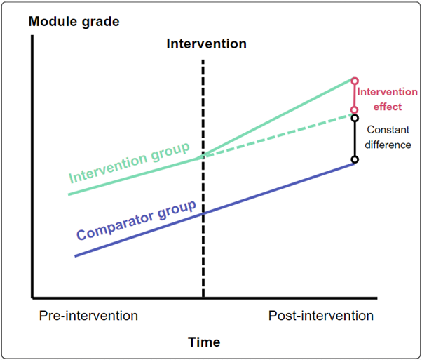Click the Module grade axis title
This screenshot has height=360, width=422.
[74, 21]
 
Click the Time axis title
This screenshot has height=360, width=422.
[204, 342]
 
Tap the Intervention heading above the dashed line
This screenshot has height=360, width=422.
[206, 44]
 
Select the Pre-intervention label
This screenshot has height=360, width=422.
[88, 316]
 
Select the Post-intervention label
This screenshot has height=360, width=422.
[321, 316]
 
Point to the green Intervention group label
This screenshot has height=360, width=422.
[130, 162]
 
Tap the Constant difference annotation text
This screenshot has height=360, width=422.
[389, 138]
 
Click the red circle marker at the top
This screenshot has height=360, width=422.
[355, 80]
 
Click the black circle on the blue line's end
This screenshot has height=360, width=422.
[355, 160]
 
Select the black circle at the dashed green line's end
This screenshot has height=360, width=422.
[355, 116]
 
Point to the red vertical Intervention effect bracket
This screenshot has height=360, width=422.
[355, 95]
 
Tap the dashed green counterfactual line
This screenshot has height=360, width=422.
[280, 135]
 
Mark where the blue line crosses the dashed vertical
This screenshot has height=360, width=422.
[203, 213]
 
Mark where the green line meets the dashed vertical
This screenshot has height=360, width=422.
[203, 156]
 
